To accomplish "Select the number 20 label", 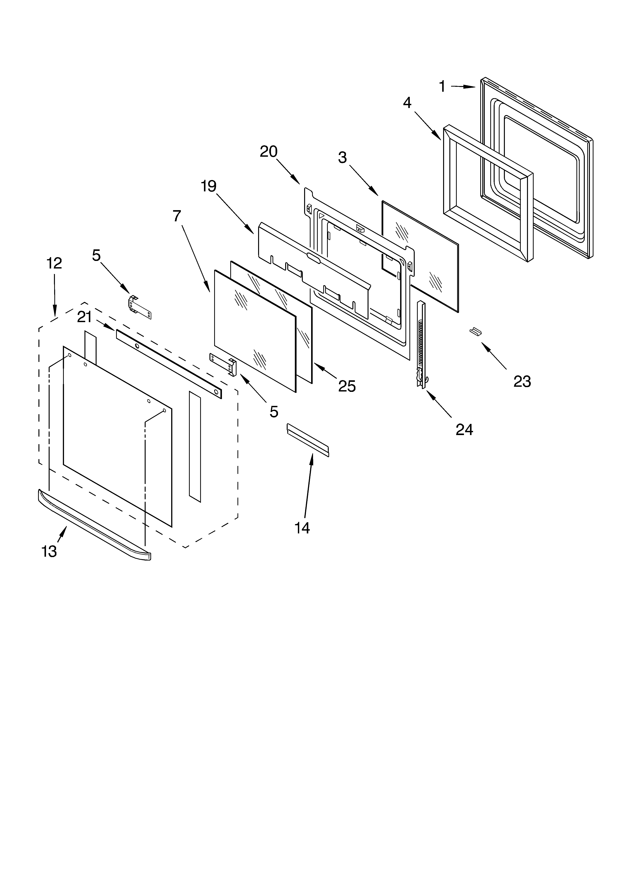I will pyautogui.click(x=268, y=152).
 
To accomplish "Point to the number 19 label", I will pyautogui.click(x=208, y=187).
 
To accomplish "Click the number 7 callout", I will pyautogui.click(x=177, y=216).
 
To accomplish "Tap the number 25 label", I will pyautogui.click(x=347, y=386).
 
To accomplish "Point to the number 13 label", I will pyautogui.click(x=49, y=552).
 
